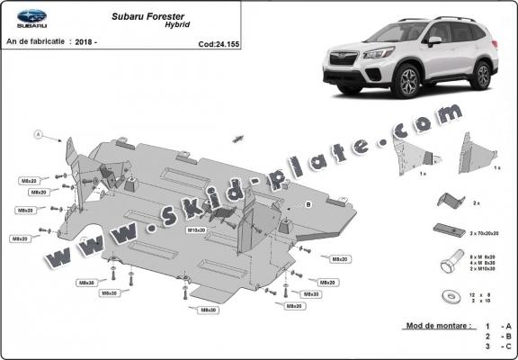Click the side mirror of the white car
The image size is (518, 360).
[434, 41]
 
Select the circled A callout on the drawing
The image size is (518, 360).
[39, 135]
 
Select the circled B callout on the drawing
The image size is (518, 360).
[308, 204]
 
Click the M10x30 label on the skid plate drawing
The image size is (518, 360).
[197, 230]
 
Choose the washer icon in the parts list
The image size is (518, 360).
[447, 296]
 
